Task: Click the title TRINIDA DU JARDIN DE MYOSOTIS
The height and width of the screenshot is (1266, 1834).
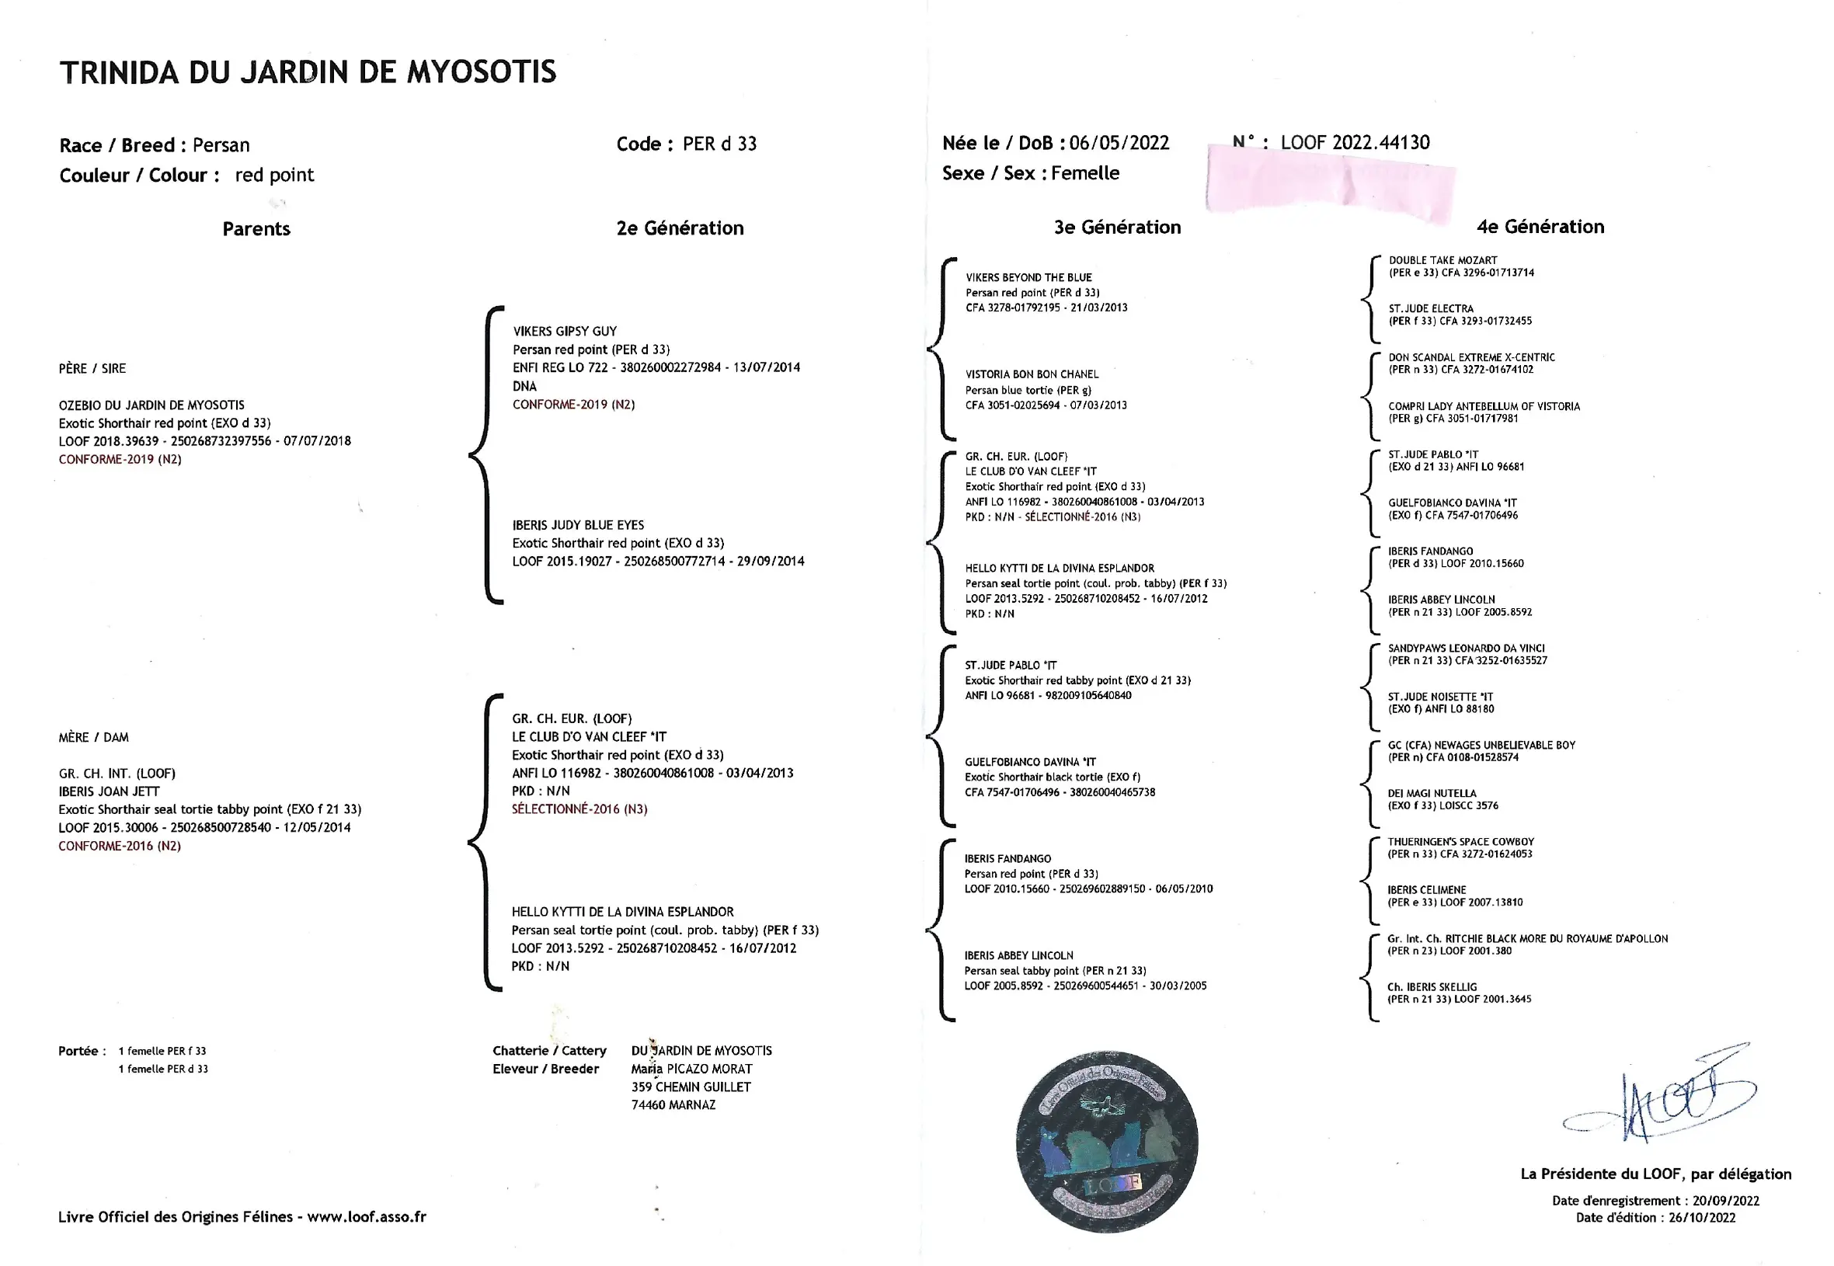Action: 308,72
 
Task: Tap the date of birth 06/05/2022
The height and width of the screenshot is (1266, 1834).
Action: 1119,143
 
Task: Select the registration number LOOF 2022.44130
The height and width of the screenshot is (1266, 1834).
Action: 1355,143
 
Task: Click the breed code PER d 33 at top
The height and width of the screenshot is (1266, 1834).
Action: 719,144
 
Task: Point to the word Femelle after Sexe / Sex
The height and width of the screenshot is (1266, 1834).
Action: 1084,173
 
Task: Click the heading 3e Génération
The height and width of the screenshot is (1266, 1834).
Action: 1117,228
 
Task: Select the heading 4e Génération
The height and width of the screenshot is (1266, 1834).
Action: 1540,227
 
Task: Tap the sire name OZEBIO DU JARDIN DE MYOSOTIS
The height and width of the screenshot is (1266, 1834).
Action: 151,405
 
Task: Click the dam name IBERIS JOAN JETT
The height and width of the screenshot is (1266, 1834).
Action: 109,791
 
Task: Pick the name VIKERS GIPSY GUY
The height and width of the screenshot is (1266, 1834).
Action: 564,332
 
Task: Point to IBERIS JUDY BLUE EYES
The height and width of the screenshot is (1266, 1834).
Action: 577,525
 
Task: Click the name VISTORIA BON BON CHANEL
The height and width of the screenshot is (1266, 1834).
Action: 1032,374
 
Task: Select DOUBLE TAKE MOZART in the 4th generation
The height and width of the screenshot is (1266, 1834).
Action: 1442,260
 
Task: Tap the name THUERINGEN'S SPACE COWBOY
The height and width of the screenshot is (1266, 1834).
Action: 1460,842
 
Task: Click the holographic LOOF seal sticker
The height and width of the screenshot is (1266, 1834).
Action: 1107,1143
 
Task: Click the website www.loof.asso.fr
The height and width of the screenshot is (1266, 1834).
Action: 367,1217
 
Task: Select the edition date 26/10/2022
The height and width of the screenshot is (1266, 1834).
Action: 1701,1218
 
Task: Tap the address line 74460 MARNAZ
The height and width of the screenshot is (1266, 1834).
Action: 673,1105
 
